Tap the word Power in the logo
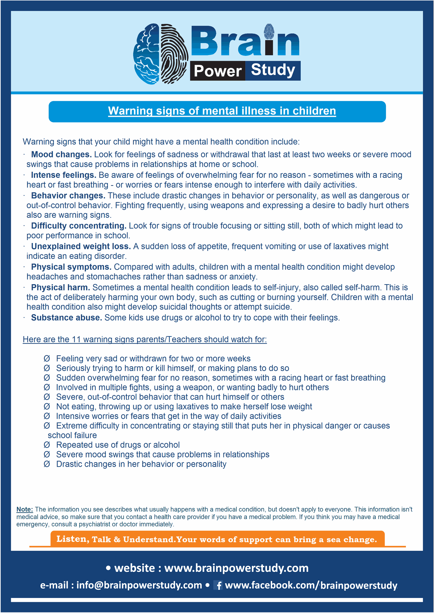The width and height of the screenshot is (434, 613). point(217,71)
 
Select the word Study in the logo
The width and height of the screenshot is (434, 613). point(273,70)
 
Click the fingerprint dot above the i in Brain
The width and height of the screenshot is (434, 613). point(269,31)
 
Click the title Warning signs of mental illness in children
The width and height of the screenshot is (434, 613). point(222,111)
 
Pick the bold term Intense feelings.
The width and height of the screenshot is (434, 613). point(64,175)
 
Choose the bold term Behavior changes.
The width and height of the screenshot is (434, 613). point(68,196)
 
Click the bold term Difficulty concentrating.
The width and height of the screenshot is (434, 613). point(79,226)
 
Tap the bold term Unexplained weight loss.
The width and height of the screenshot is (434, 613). point(81,246)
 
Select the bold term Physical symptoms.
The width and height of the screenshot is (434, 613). point(71,267)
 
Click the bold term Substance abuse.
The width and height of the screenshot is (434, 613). point(66,318)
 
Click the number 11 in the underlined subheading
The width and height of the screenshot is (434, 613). point(76,339)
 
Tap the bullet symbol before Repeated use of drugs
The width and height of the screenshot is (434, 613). point(47,445)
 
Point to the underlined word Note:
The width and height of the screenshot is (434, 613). point(25,509)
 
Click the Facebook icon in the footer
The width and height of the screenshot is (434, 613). point(219,585)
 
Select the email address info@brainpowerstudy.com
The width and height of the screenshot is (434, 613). point(139,585)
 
